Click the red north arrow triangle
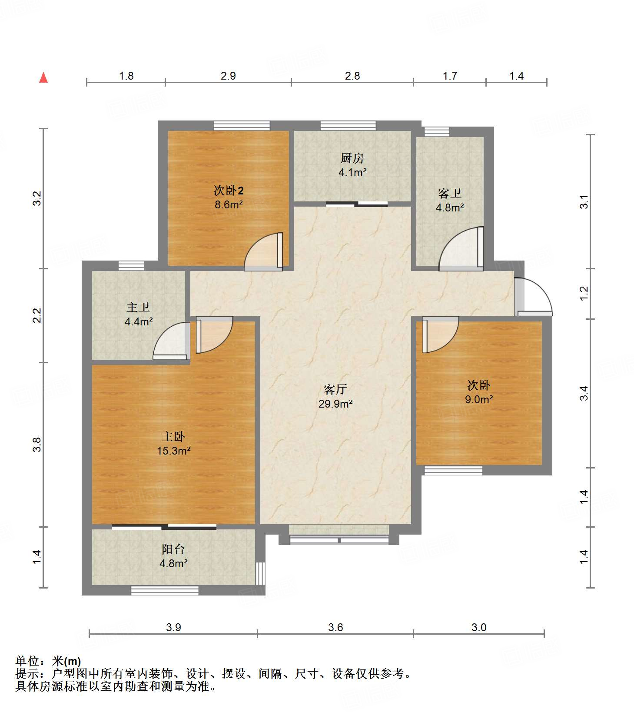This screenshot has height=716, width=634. (x=43, y=77)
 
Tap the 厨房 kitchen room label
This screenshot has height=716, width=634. (x=352, y=157)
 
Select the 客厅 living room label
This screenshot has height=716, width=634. (x=335, y=389)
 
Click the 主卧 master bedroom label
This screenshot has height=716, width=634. (x=173, y=436)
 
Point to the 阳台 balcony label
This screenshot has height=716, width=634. (x=173, y=549)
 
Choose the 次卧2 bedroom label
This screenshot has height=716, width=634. (x=229, y=190)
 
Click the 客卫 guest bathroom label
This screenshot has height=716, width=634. (x=450, y=193)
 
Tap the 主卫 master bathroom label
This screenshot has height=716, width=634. (x=138, y=307)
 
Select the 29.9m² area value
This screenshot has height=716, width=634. (x=335, y=404)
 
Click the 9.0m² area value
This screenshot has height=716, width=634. (x=479, y=399)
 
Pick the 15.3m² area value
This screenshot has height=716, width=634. (x=173, y=451)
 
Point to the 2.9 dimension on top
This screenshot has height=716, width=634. (x=228, y=76)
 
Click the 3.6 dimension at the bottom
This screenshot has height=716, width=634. (x=335, y=627)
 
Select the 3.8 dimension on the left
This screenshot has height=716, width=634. (x=37, y=444)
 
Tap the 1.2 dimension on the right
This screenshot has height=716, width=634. (x=584, y=293)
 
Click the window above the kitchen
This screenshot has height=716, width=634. (x=348, y=126)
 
